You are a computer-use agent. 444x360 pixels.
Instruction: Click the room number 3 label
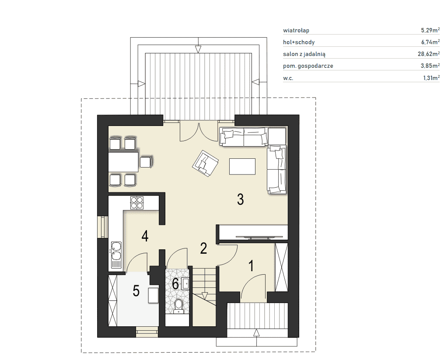click(240, 199)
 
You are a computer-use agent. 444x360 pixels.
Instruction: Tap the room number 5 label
click(136, 291)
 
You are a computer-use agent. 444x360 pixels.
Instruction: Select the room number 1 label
click(251, 266)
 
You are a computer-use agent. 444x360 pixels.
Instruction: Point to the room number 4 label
click(145, 236)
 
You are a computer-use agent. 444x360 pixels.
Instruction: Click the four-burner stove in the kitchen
click(137, 203)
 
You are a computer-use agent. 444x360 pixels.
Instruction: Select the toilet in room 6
click(178, 305)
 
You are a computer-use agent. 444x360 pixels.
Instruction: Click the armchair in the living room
click(206, 163)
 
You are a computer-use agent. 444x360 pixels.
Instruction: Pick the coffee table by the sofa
click(242, 166)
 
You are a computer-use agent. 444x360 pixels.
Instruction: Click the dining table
click(123, 162)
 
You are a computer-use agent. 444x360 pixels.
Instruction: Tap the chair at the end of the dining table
click(146, 162)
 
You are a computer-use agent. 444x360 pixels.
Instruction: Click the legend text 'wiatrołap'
click(296, 31)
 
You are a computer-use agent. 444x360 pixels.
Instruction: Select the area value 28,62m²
click(429, 54)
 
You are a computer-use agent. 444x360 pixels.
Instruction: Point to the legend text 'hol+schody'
click(299, 42)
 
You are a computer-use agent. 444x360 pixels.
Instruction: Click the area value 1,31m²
click(432, 78)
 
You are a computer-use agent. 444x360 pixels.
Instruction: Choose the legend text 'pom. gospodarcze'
click(308, 66)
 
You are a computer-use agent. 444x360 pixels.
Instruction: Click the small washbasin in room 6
click(186, 283)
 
